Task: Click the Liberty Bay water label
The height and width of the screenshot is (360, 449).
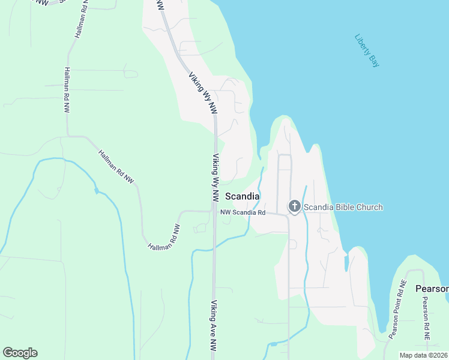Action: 367,50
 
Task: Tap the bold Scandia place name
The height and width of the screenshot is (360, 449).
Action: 243,196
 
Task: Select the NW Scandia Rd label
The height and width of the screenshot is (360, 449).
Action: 243,212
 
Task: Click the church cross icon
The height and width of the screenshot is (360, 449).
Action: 294,207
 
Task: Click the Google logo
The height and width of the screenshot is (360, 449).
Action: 20,353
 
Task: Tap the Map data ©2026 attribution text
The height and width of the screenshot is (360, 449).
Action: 423,355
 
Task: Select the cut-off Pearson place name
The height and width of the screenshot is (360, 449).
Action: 432,289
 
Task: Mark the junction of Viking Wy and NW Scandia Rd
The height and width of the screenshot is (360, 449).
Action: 214,211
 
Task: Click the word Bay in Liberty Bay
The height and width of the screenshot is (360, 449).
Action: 375,61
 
